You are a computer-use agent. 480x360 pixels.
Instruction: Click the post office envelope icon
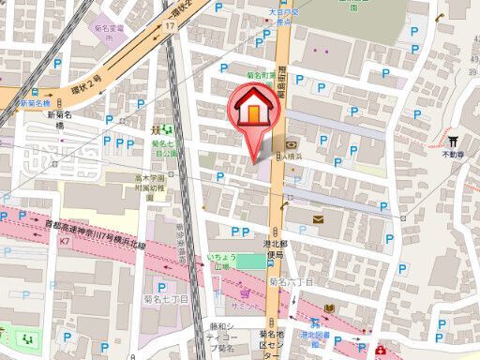coord(318,219)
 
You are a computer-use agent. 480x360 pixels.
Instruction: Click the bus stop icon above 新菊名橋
coord(34,92)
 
